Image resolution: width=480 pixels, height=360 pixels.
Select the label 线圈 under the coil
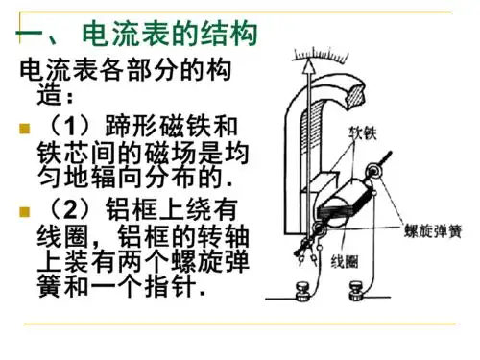[x=345, y=260]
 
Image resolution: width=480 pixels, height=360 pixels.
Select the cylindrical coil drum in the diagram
[x=344, y=201]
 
